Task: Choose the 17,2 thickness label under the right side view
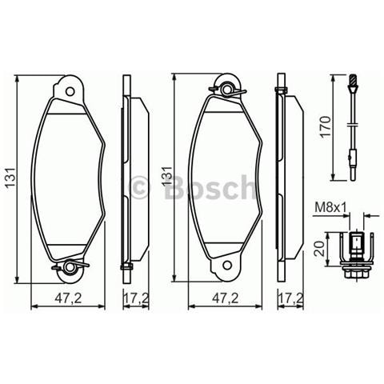(290, 299)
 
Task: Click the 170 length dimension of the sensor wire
(323, 126)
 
